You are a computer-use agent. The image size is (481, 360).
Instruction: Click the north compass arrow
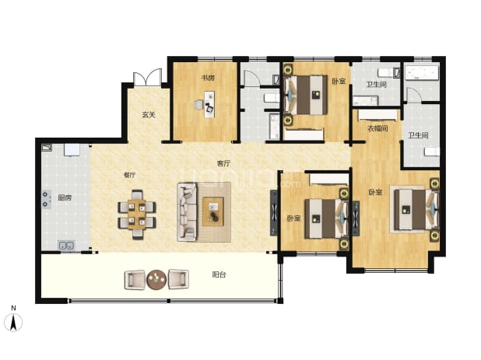coord(13,323)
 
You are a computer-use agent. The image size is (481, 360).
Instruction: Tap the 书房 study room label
coord(208,78)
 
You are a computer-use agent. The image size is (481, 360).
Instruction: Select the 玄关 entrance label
coord(149,115)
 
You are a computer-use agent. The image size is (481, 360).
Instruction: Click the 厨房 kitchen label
coord(65,198)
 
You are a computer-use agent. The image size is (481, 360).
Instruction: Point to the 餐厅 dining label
coord(129,175)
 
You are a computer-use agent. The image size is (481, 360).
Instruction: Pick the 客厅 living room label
coord(223,163)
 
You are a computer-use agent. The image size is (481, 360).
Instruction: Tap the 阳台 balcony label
coord(219,274)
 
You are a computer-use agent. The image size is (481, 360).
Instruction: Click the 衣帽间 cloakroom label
coord(377,128)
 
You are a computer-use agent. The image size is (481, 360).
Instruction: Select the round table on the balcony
coord(156,279)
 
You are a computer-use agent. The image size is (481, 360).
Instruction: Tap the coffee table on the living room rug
coord(213,211)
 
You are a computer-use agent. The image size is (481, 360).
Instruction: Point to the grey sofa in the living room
coord(187,212)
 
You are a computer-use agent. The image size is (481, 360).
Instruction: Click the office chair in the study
coord(198,105)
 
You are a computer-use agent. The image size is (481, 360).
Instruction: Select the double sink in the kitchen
coord(66,246)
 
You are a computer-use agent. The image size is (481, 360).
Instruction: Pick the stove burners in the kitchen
coord(46,199)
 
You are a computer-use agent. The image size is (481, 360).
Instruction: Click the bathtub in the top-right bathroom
coord(422,73)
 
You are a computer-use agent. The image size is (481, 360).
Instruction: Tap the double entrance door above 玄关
coord(147,78)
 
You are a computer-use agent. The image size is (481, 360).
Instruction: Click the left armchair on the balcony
coord(135,279)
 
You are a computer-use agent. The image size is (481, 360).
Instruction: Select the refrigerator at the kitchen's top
coord(72,150)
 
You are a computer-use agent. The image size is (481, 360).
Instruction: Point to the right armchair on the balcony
coord(178,279)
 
